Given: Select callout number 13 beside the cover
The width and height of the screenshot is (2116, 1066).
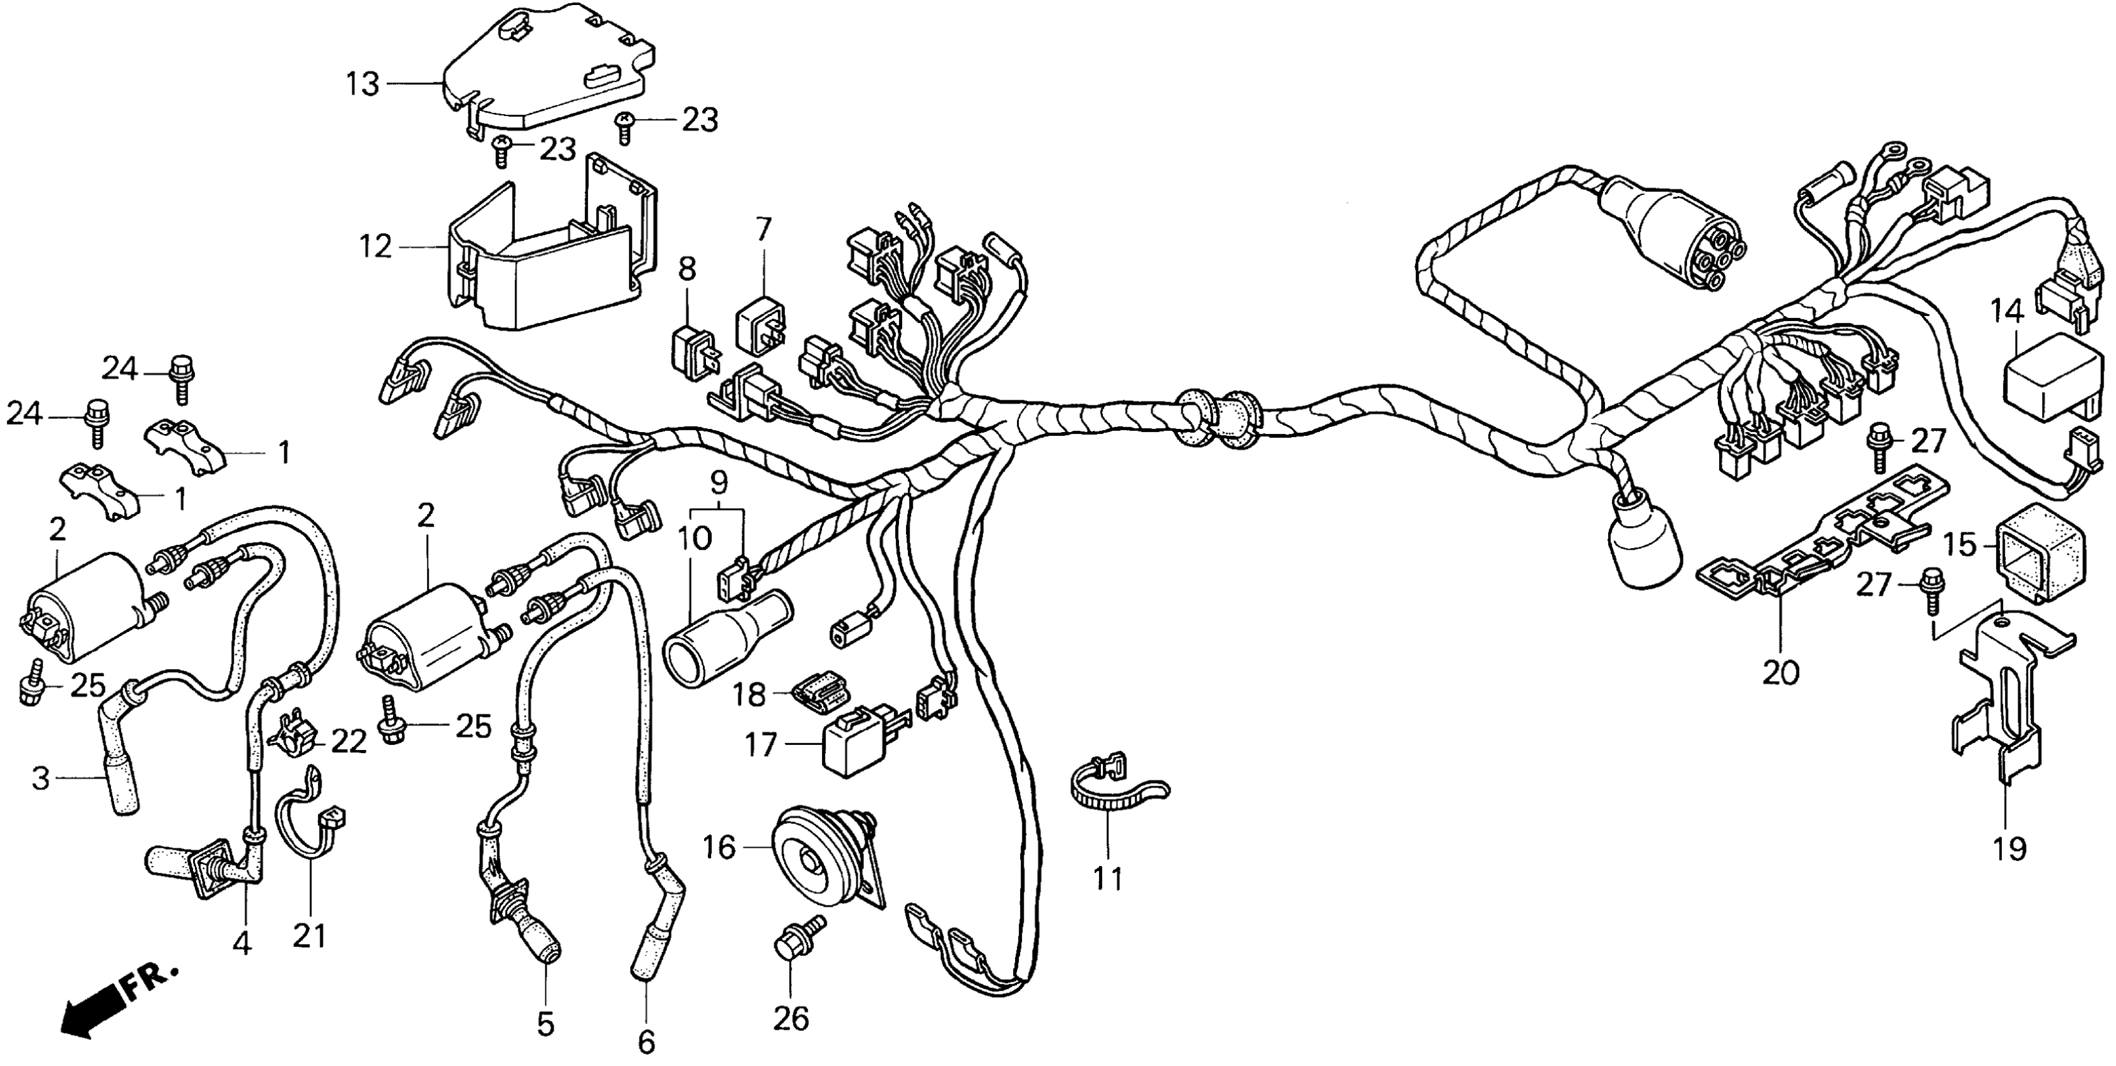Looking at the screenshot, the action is pyautogui.click(x=362, y=84).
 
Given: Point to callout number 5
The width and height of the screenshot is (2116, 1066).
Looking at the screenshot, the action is pyautogui.click(x=545, y=1023).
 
